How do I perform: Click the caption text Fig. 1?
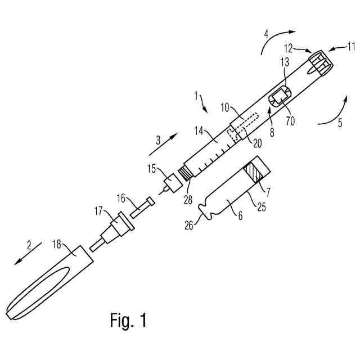[x=128, y=320]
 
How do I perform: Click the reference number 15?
[x=152, y=168]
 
